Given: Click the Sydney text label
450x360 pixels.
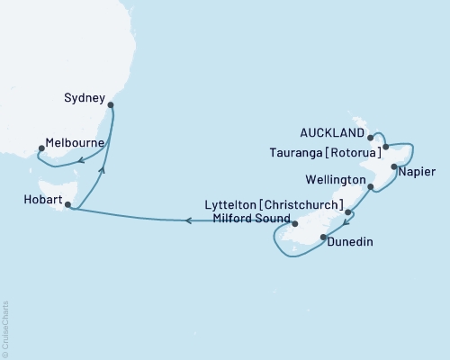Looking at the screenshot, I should click(x=85, y=97).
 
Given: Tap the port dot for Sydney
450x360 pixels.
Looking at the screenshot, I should click(x=110, y=105).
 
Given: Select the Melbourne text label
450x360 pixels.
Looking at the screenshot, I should click(x=73, y=143).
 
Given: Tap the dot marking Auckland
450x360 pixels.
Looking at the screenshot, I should click(x=371, y=137).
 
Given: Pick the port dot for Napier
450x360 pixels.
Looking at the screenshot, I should click(x=394, y=167).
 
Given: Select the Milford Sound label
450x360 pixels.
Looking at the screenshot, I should click(x=250, y=220).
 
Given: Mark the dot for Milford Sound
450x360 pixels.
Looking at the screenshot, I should click(x=295, y=220).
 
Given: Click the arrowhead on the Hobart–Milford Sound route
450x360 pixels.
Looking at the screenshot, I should click(x=187, y=219).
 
